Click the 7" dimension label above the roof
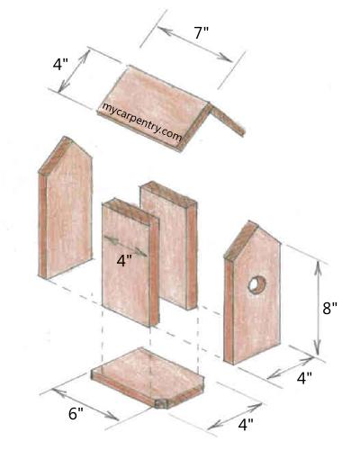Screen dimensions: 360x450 pyautogui.click(x=202, y=32)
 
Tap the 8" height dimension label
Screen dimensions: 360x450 pyautogui.click(x=329, y=308)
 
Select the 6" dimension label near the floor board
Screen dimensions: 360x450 pyautogui.click(x=76, y=414)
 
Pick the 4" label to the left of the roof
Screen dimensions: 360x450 pyautogui.click(x=60, y=64)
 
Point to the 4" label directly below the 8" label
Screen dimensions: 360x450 pyautogui.click(x=304, y=378)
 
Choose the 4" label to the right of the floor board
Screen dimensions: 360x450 pyautogui.click(x=246, y=425)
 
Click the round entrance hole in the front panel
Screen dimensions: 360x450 pyautogui.click(x=257, y=284)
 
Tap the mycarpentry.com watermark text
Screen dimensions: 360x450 pyautogui.click(x=142, y=121)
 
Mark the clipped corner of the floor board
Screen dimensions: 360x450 pyautogui.click(x=162, y=404)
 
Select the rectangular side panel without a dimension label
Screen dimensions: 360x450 pyautogui.click(x=168, y=245)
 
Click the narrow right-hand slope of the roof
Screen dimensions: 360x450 pyautogui.click(x=227, y=120)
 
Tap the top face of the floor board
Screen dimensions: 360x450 pyautogui.click(x=148, y=371)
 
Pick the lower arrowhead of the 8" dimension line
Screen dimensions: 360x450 pyautogui.click(x=318, y=348)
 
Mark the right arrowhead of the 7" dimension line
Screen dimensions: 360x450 pyautogui.click(x=226, y=58)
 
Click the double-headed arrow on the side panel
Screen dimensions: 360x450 pyautogui.click(x=125, y=246)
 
